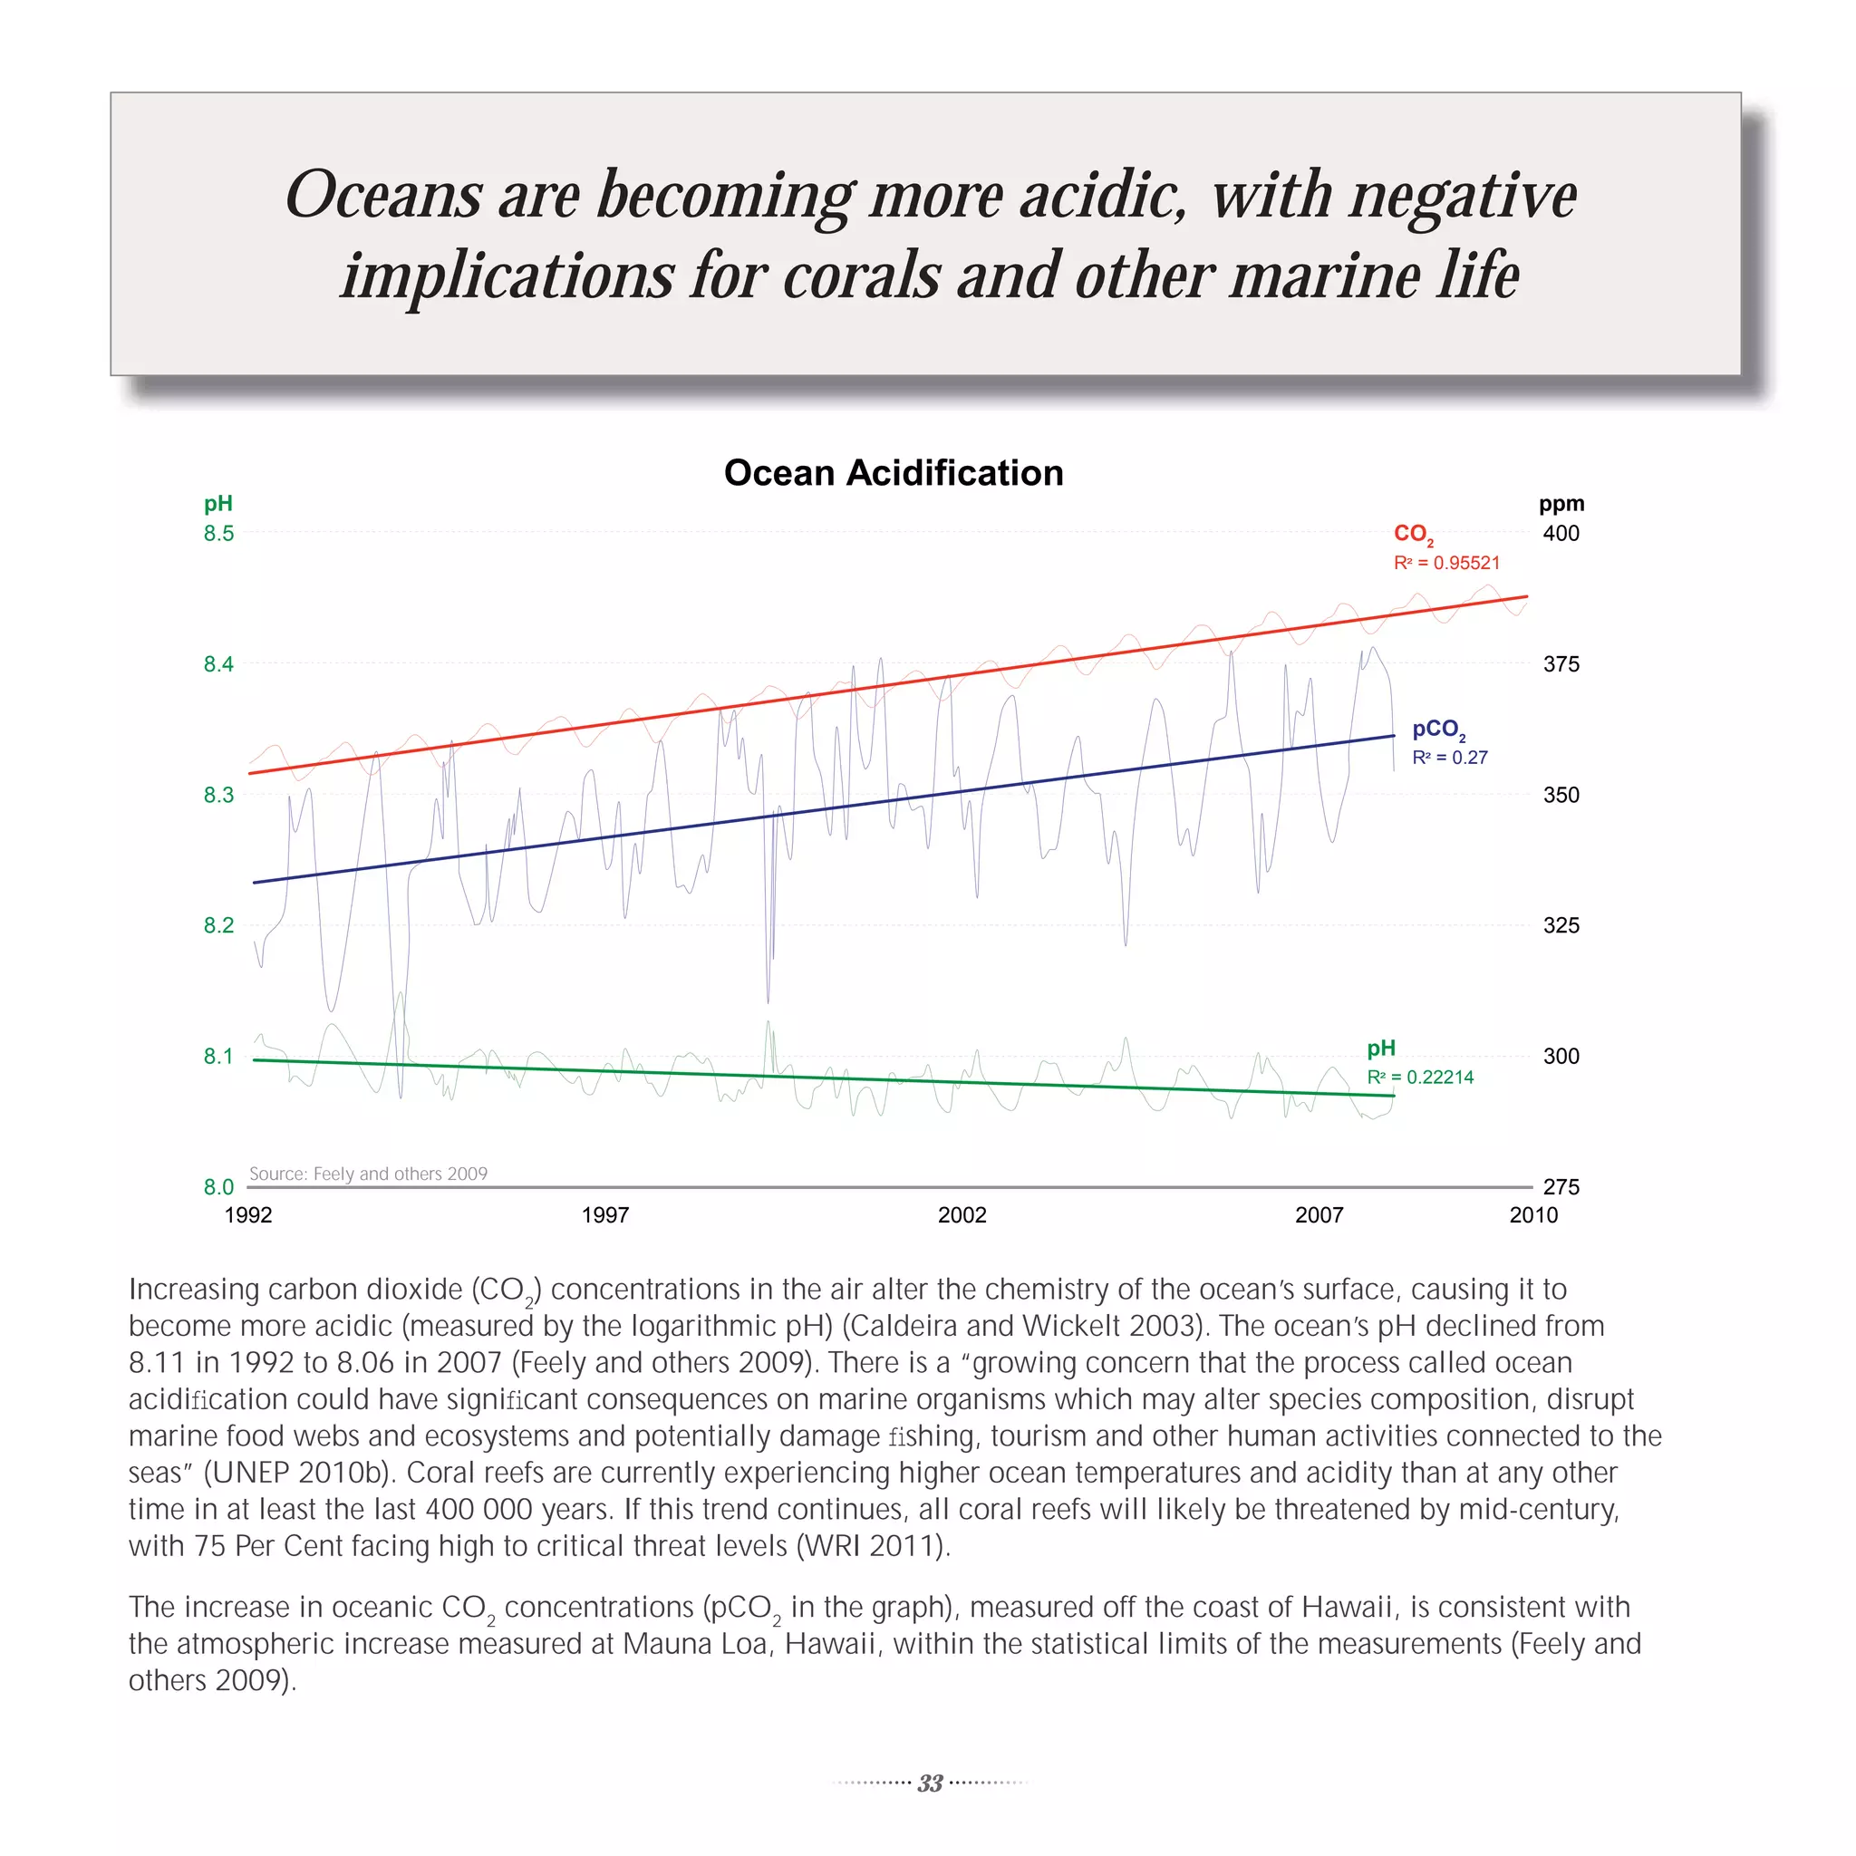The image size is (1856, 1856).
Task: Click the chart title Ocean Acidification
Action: [894, 473]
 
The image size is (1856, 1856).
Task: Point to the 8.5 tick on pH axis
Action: [218, 533]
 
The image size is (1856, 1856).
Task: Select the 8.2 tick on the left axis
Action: [218, 925]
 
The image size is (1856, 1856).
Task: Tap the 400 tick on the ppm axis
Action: [1561, 533]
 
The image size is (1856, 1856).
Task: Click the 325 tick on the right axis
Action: [1561, 925]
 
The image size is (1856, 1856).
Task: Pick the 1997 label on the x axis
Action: [605, 1215]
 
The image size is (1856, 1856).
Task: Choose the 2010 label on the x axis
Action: [1533, 1215]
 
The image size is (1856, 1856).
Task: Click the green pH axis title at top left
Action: [218, 503]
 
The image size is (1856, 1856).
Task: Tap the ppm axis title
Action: [1561, 503]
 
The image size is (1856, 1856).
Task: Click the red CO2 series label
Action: [1413, 534]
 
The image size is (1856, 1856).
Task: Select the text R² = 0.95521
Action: [1445, 563]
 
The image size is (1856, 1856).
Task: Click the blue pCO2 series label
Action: [1438, 730]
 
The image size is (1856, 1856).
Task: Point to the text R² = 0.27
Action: [1449, 758]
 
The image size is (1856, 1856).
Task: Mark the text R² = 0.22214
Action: [1420, 1077]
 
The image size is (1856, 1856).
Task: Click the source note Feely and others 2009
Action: [368, 1174]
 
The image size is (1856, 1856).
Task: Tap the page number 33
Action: [929, 1783]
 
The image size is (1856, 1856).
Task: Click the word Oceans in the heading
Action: [383, 195]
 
